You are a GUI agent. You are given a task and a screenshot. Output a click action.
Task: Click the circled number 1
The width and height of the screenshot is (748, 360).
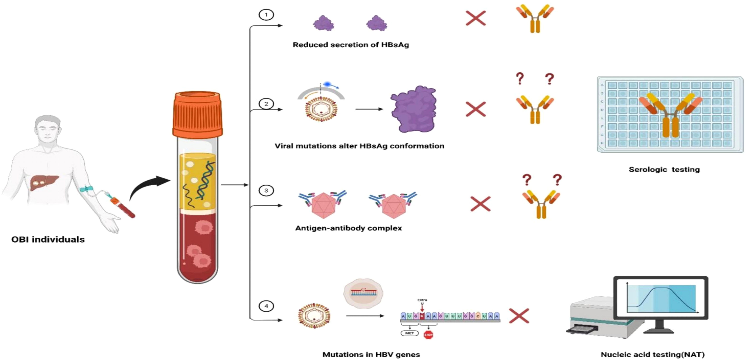pyautogui.click(x=266, y=15)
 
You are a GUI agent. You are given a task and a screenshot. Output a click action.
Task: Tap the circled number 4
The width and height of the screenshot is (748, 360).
pyautogui.click(x=266, y=306)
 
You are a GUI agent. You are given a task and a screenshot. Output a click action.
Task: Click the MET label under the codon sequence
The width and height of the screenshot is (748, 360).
pyautogui.click(x=409, y=333)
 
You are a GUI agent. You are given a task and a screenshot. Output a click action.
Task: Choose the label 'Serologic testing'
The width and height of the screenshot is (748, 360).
pyautogui.click(x=664, y=169)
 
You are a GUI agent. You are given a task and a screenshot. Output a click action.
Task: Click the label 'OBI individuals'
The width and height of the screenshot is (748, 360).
pyautogui.click(x=48, y=239)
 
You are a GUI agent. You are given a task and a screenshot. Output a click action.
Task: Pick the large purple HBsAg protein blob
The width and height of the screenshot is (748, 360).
pyautogui.click(x=414, y=109)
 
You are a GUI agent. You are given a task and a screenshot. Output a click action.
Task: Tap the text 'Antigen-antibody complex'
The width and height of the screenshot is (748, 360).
pyautogui.click(x=348, y=228)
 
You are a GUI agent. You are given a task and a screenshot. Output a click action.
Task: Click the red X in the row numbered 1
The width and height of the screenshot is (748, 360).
pyautogui.click(x=476, y=18)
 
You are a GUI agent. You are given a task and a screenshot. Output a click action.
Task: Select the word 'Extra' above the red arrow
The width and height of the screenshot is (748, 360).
pyautogui.click(x=422, y=300)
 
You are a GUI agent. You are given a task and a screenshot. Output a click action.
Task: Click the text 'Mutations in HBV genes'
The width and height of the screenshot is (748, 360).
pyautogui.click(x=371, y=354)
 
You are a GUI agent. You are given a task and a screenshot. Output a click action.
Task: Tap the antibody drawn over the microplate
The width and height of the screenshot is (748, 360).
pyautogui.click(x=670, y=115)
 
